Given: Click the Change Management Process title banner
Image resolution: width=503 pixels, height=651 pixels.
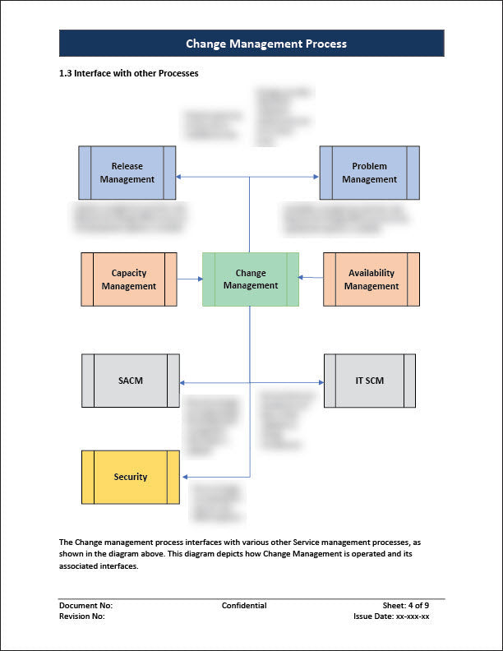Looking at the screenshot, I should [x=251, y=44].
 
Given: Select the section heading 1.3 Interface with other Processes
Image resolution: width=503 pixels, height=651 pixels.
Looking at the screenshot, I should [x=129, y=73].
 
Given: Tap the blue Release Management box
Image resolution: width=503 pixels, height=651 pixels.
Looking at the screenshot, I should [x=127, y=173].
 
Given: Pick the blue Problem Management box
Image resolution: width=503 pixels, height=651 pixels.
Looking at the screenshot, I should [x=369, y=173].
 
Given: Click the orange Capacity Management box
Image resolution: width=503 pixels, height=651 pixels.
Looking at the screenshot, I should [x=128, y=279].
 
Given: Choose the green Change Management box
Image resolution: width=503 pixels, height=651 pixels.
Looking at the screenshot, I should [x=251, y=279].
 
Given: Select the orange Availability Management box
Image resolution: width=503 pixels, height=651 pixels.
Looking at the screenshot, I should [x=371, y=279].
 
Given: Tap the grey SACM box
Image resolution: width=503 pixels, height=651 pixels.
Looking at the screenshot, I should [x=130, y=381].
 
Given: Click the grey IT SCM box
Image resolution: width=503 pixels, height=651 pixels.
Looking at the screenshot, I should [x=369, y=381].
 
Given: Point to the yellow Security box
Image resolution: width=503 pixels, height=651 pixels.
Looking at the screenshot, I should [x=130, y=477].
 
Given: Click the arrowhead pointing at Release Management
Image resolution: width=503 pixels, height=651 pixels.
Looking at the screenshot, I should [x=180, y=177].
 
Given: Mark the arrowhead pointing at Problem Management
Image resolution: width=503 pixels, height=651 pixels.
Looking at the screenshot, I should [x=316, y=177].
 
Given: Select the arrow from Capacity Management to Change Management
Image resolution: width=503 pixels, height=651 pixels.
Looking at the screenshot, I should [x=190, y=279].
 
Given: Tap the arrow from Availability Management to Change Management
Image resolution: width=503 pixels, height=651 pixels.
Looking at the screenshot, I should [x=311, y=278].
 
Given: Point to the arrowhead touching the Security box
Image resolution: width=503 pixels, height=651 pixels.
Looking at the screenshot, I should [x=184, y=477].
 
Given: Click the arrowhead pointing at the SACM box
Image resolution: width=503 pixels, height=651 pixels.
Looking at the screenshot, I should [x=183, y=382].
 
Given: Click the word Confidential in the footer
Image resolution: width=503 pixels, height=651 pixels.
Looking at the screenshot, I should [x=244, y=606].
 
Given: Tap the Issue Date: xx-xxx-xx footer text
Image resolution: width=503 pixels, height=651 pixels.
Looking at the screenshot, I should [x=402, y=616].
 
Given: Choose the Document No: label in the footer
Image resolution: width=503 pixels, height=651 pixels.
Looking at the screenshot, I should [x=85, y=606].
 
